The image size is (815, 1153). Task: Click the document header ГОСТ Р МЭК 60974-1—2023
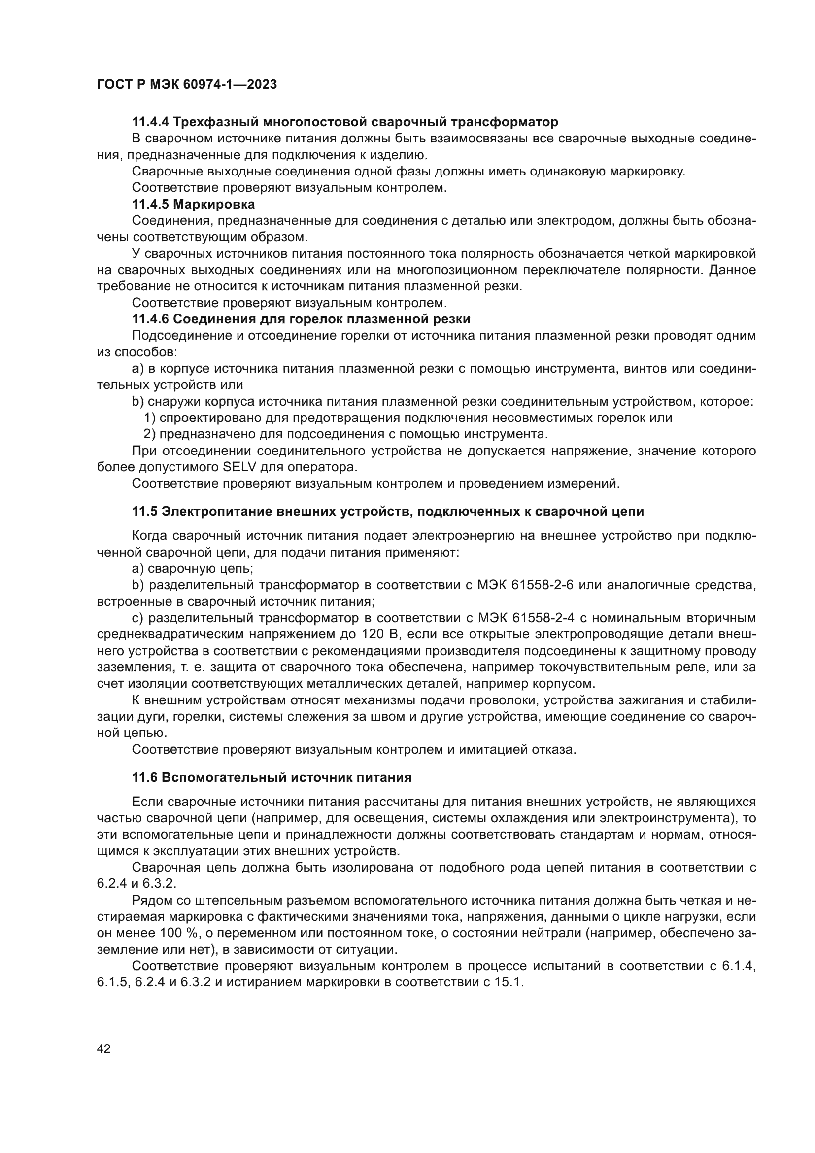pos(187,85)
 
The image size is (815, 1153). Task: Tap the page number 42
pos(104,1048)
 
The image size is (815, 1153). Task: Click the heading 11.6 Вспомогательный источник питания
pos(272,778)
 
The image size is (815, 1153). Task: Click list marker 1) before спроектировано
pos(150,418)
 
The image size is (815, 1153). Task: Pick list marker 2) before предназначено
pos(150,434)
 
